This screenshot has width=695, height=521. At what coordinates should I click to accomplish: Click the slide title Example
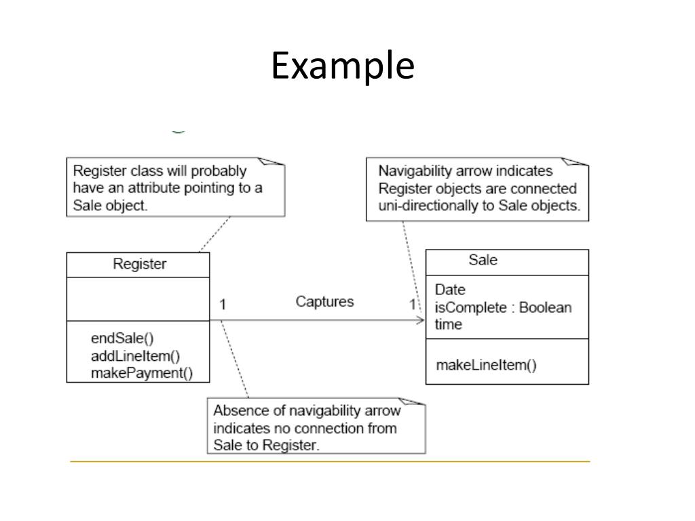pyautogui.click(x=343, y=66)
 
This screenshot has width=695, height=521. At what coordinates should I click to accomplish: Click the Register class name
pyautogui.click(x=139, y=265)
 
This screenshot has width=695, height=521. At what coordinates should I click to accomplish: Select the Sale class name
pyautogui.click(x=483, y=260)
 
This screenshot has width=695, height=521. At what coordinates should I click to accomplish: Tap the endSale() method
pyautogui.click(x=122, y=339)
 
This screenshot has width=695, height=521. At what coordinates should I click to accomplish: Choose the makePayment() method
pyautogui.click(x=141, y=372)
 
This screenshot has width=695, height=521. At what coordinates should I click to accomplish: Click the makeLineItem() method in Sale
pyautogui.click(x=486, y=365)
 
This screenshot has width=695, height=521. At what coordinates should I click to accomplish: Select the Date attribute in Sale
pyautogui.click(x=450, y=290)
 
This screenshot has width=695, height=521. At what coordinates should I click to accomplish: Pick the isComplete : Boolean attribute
pyautogui.click(x=503, y=307)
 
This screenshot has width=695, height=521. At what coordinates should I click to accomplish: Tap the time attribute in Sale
pyautogui.click(x=448, y=324)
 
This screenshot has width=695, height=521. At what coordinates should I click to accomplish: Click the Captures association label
pyautogui.click(x=324, y=302)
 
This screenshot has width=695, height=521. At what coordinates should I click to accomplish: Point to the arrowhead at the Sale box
pyautogui.click(x=420, y=320)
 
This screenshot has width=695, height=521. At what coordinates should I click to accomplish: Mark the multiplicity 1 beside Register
pyautogui.click(x=223, y=305)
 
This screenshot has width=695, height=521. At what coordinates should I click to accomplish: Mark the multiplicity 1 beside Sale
pyautogui.click(x=412, y=304)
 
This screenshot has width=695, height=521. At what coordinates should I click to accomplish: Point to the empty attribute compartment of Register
pyautogui.click(x=138, y=299)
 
